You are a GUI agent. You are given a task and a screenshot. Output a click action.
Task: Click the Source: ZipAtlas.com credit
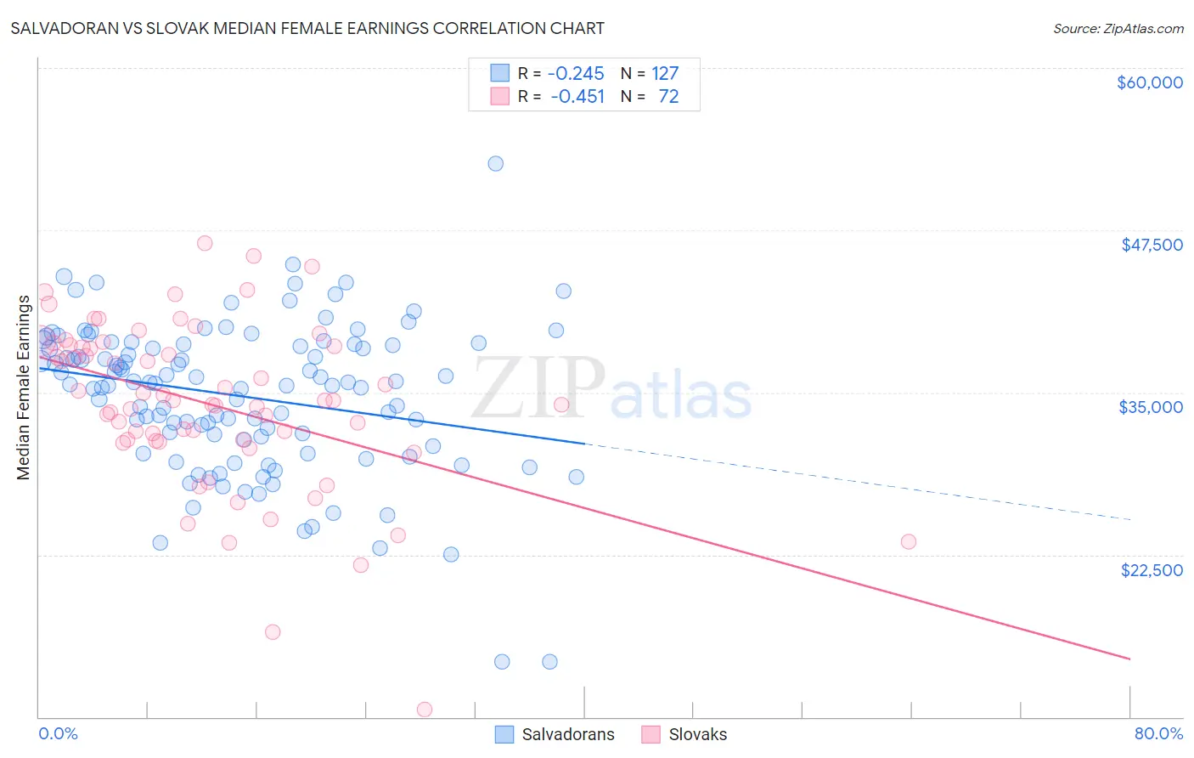point(1118,28)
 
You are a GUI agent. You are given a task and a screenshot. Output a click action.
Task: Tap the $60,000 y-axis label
point(1149,82)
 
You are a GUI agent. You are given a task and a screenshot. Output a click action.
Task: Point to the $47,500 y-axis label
point(1152,245)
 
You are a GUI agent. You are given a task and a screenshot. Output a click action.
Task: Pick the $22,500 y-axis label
point(1152,570)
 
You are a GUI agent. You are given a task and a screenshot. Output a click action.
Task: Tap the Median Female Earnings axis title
point(24,387)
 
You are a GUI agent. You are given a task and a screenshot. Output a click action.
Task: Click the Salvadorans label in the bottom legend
point(567,735)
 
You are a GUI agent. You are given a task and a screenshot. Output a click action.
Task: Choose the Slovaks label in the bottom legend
point(697,735)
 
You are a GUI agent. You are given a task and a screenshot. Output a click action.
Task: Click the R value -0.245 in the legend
point(576,74)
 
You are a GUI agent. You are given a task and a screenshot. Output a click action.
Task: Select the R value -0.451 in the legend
point(577,97)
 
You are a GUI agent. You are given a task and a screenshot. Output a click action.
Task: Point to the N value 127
point(665,74)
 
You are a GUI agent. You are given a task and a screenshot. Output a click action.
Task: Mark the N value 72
point(668,97)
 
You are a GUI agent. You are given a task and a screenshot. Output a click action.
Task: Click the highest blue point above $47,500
point(495,163)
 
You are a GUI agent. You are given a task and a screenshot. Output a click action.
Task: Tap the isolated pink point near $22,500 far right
point(908,541)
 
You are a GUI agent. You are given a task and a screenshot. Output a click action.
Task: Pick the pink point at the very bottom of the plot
point(424,710)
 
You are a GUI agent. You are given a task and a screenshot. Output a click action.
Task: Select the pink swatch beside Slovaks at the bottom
point(651,735)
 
